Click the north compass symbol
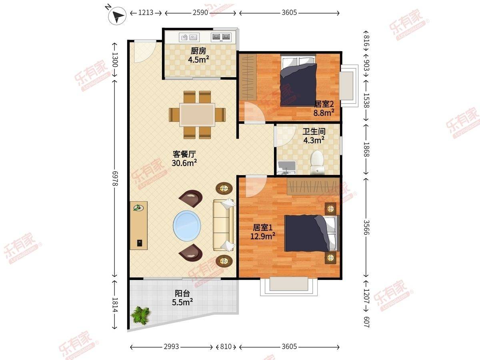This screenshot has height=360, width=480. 118,16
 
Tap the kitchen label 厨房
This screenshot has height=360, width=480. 198,51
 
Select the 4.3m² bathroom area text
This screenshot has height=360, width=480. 314,140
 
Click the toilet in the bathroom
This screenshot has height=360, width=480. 317,162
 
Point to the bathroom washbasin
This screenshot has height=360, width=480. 287,168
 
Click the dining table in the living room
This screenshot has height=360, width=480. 197,114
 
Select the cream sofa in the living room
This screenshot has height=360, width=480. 223,225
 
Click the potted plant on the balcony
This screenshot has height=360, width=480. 141,315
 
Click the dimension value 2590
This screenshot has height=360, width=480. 200,13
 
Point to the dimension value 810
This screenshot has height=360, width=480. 226,346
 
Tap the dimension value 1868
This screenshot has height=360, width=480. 366,150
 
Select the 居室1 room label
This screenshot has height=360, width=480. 263,228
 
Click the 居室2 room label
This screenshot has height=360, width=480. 324,104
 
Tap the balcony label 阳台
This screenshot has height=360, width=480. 182,293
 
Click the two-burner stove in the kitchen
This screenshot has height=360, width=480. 221,37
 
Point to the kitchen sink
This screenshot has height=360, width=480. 189,37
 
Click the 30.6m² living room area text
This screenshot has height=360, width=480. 184,163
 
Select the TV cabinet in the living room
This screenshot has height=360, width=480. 139,225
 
